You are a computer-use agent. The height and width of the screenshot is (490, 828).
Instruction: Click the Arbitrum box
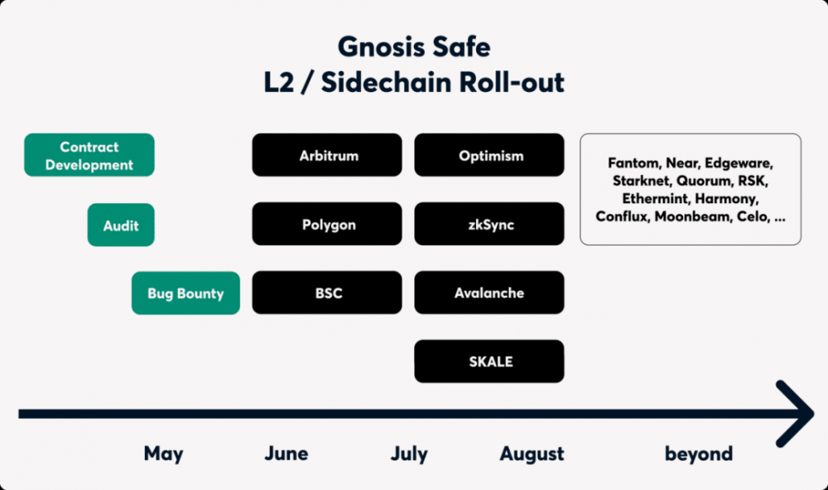tap(327, 155)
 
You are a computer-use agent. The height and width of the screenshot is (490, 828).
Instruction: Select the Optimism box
tap(489, 155)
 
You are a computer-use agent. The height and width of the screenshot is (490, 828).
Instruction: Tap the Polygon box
tap(327, 225)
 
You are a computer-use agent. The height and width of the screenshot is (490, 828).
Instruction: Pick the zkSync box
tap(489, 225)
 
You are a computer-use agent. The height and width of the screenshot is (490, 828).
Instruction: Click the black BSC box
tap(327, 293)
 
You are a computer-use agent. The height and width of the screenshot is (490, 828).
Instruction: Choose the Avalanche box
tap(489, 293)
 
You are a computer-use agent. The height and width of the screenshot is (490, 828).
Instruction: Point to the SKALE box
tap(489, 361)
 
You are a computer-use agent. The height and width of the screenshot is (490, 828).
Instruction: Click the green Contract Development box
tap(89, 155)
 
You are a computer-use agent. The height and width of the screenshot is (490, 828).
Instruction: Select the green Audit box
tap(121, 225)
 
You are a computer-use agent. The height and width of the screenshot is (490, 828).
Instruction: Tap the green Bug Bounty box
tap(185, 293)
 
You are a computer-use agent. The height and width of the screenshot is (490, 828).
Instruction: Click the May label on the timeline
tap(163, 454)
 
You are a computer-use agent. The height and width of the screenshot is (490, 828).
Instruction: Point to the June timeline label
tap(286, 454)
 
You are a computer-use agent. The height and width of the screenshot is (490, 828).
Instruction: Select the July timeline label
tap(409, 454)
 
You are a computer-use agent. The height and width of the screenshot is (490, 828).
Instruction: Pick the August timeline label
tap(532, 454)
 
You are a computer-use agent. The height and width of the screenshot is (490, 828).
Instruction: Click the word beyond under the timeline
tap(698, 454)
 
